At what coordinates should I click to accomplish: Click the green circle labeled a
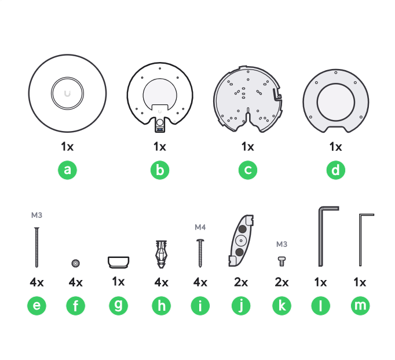(x=67, y=170)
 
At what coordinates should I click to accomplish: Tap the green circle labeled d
(x=336, y=170)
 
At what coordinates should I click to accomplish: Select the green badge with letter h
(x=161, y=306)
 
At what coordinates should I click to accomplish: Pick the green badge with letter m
(x=360, y=306)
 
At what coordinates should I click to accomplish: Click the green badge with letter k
(x=281, y=306)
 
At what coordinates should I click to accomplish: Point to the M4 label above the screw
(x=200, y=227)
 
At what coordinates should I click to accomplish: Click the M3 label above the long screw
(x=37, y=215)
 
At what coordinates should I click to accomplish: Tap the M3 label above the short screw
(x=281, y=244)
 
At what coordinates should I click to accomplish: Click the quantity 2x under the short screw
(x=281, y=282)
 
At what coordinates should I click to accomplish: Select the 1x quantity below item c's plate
(x=248, y=147)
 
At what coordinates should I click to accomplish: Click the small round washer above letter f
(x=75, y=263)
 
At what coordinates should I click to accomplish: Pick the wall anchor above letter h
(x=161, y=254)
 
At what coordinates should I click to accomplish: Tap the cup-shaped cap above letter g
(x=118, y=262)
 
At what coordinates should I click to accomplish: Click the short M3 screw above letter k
(x=281, y=261)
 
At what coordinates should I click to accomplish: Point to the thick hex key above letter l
(x=320, y=237)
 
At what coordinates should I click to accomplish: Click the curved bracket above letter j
(x=241, y=241)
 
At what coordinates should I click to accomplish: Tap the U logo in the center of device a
(x=67, y=93)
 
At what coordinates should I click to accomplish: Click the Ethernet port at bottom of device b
(x=160, y=130)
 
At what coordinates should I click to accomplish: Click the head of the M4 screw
(x=200, y=240)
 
